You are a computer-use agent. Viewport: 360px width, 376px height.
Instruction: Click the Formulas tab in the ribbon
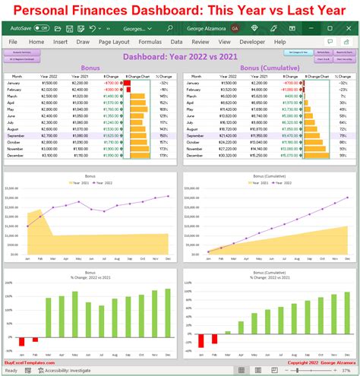150,42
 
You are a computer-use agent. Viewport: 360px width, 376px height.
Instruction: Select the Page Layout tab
114,42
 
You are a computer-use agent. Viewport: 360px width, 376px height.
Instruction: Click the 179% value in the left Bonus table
164,155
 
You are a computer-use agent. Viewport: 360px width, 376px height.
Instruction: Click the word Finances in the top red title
106,10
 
